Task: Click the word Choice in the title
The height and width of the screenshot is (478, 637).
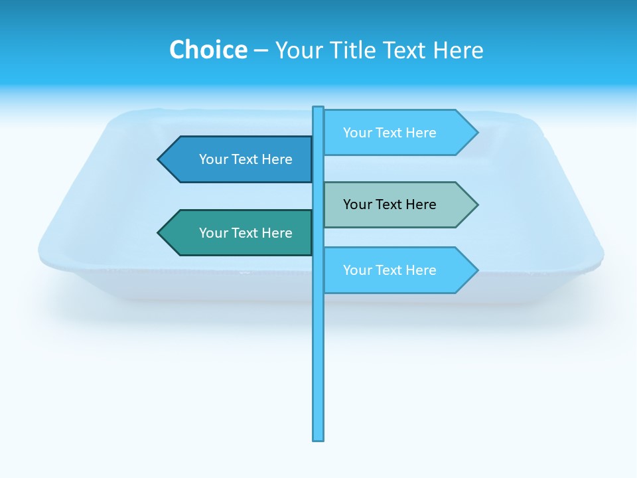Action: [208, 50]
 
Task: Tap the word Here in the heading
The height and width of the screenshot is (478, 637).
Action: [458, 50]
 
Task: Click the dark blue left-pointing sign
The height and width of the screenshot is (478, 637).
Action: [239, 159]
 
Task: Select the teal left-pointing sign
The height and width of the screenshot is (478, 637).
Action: [239, 233]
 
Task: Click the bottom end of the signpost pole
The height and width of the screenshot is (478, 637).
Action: [318, 438]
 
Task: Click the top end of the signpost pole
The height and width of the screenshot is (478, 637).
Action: [318, 109]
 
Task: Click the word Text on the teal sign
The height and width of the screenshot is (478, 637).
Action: [246, 233]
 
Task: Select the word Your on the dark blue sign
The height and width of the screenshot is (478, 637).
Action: [213, 159]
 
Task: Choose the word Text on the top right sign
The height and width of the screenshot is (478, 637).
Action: [389, 133]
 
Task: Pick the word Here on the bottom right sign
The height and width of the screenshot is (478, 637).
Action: [421, 270]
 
